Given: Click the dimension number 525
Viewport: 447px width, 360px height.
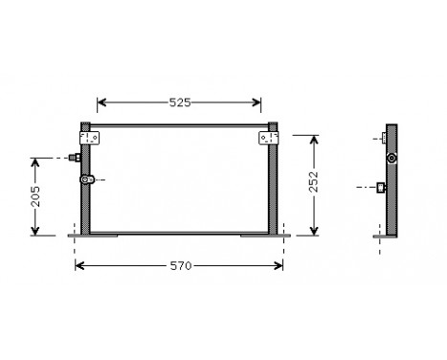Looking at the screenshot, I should click(179, 101).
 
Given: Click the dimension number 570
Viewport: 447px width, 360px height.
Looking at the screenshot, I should click(179, 264).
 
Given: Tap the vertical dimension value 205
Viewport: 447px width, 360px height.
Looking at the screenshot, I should click(36, 196).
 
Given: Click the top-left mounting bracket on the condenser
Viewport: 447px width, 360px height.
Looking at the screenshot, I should click(91, 138).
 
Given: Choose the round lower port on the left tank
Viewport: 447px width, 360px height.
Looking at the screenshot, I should click(87, 178).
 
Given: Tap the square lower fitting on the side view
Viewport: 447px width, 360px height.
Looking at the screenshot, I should click(382, 187).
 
